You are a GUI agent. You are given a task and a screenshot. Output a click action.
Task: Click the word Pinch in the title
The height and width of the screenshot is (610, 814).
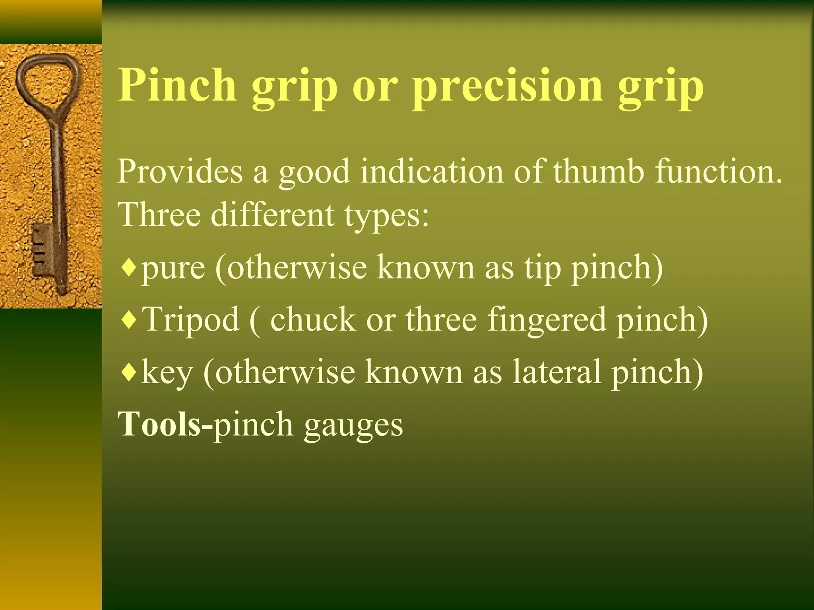pyautogui.click(x=177, y=85)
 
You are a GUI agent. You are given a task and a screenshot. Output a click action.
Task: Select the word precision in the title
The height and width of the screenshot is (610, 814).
pyautogui.click(x=507, y=87)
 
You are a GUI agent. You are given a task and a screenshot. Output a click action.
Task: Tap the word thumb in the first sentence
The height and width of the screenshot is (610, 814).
pyautogui.click(x=598, y=172)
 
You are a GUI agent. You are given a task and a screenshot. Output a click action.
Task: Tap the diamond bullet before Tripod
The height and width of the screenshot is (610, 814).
pyautogui.click(x=129, y=320)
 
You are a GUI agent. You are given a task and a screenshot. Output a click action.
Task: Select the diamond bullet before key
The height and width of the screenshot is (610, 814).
pyautogui.click(x=129, y=373)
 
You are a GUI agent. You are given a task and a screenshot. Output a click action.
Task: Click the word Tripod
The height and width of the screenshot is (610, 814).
pyautogui.click(x=191, y=320)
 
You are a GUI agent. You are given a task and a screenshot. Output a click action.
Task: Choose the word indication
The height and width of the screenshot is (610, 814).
pyautogui.click(x=432, y=172)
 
